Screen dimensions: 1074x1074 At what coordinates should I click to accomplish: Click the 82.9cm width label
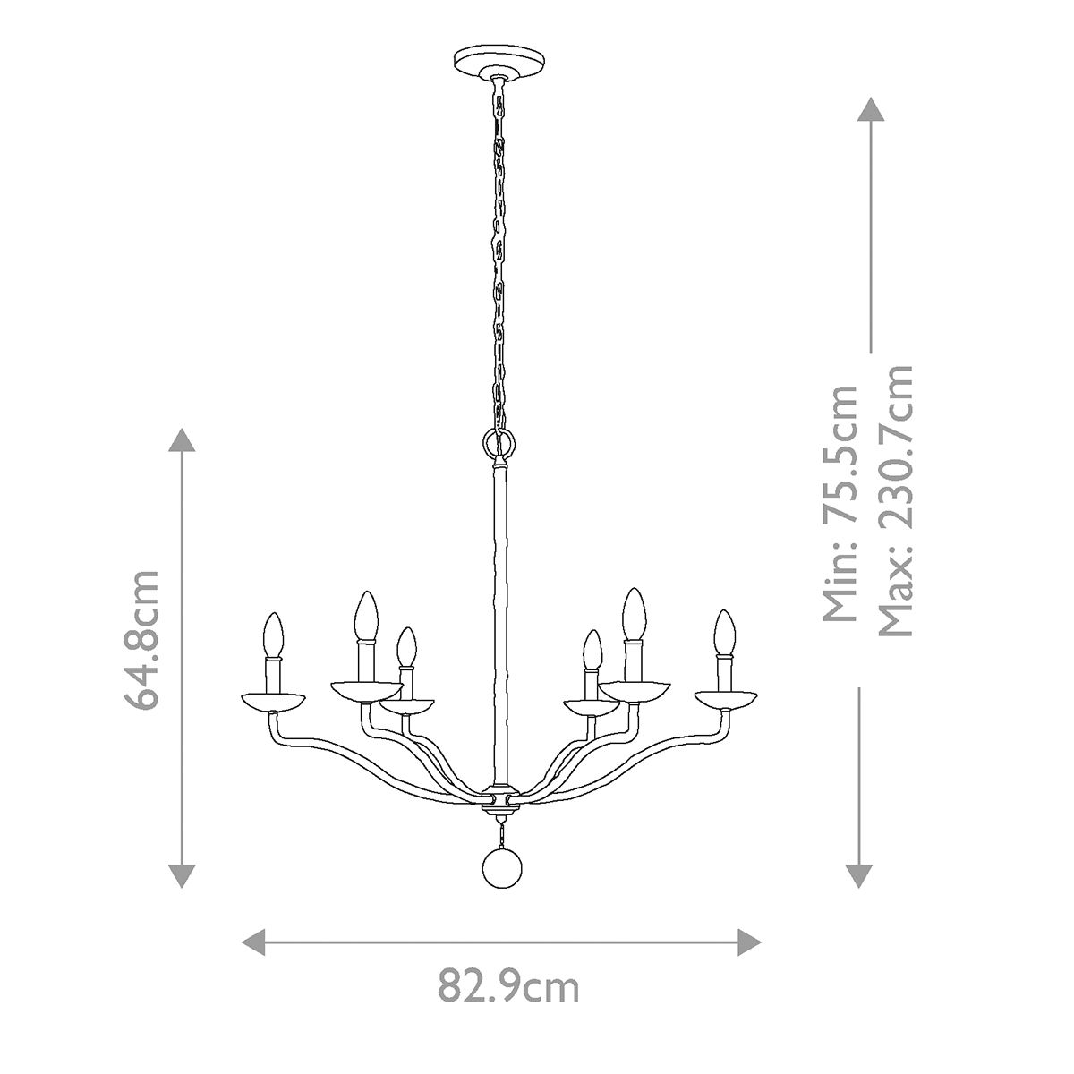click(508, 987)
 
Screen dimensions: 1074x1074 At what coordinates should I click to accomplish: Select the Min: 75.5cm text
click(841, 503)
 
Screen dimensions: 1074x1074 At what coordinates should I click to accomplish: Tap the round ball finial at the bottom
click(500, 867)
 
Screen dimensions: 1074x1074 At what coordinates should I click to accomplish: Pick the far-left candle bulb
click(272, 634)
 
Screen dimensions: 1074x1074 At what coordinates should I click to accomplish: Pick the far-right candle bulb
click(724, 632)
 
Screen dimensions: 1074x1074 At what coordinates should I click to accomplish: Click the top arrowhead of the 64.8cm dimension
click(183, 442)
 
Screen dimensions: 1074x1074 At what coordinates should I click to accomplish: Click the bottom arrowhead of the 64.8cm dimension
click(183, 874)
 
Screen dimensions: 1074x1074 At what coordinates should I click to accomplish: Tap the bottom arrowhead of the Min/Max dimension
click(859, 874)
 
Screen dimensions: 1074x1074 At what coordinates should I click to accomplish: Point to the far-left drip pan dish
click(273, 700)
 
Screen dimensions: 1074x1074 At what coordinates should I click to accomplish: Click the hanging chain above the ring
click(499, 260)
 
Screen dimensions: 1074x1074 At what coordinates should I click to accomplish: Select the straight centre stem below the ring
click(499, 618)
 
